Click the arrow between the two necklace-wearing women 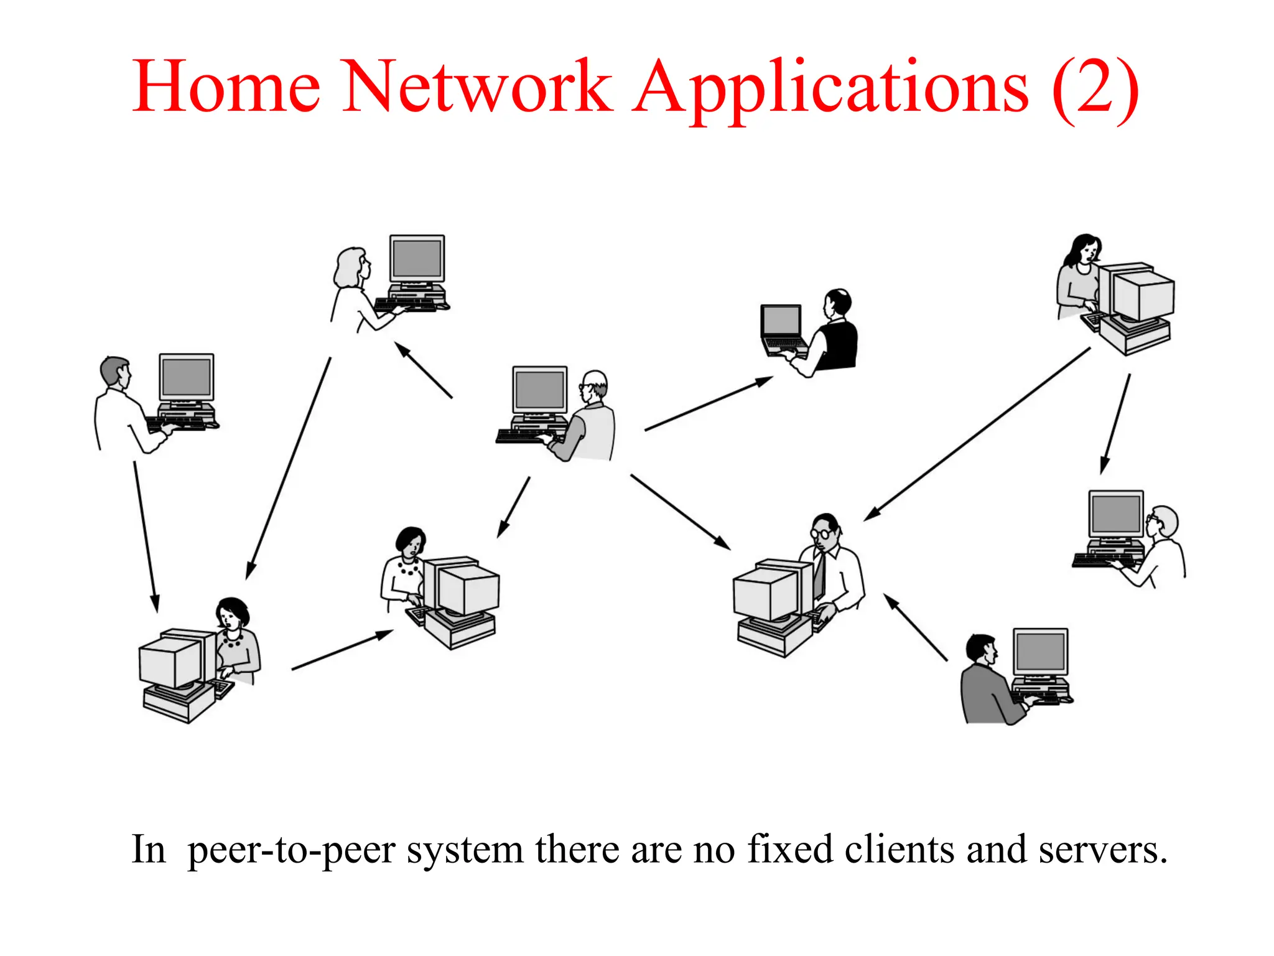pos(342,650)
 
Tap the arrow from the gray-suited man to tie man pos(915,627)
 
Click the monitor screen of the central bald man pos(539,390)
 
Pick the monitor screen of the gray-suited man pos(1040,651)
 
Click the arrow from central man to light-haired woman pos(424,370)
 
